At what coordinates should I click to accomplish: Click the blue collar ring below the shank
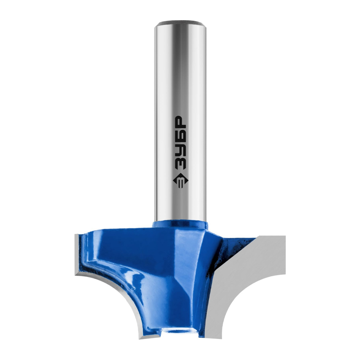(180, 224)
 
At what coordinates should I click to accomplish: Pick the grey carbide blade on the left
(101, 287)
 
